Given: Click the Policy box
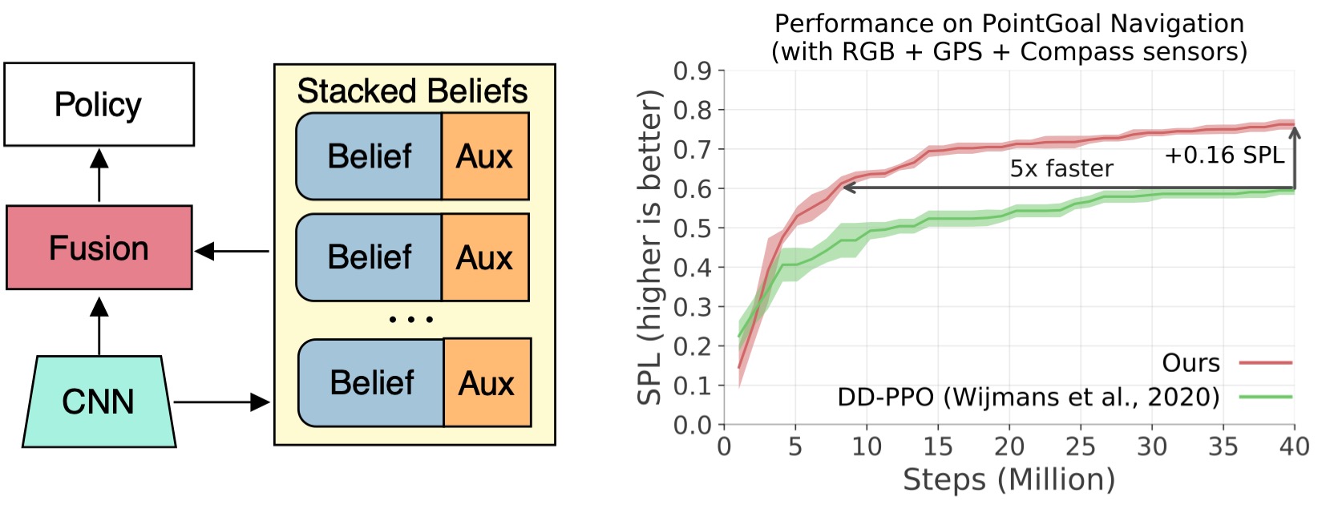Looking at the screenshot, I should click(x=99, y=104).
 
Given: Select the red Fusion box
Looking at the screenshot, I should click(x=99, y=248).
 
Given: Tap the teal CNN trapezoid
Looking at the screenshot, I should click(x=99, y=402).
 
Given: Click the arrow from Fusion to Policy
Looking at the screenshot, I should click(x=99, y=175).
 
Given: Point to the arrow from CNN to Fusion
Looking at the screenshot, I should click(x=99, y=325).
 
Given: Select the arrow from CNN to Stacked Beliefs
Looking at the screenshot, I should click(x=222, y=402).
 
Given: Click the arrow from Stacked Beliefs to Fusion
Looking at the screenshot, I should click(x=232, y=252).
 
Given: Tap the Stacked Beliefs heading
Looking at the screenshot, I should click(x=412, y=91).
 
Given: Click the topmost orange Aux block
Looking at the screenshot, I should click(x=484, y=156).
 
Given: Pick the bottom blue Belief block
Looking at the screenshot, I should click(x=371, y=383).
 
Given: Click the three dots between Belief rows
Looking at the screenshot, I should click(x=410, y=319).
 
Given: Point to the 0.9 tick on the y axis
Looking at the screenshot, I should click(x=692, y=71).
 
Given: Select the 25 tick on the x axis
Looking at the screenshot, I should click(x=1080, y=446).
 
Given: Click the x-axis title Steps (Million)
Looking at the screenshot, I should click(x=1009, y=479).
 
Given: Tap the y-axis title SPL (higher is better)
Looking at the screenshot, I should click(x=649, y=248).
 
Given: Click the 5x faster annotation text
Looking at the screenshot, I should click(x=1061, y=168).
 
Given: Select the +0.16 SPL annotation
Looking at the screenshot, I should click(x=1223, y=155).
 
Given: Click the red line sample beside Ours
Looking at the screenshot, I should click(x=1265, y=363).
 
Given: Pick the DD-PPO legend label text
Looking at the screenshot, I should click(x=1028, y=396).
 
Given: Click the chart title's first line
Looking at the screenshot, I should click(x=1009, y=23).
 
